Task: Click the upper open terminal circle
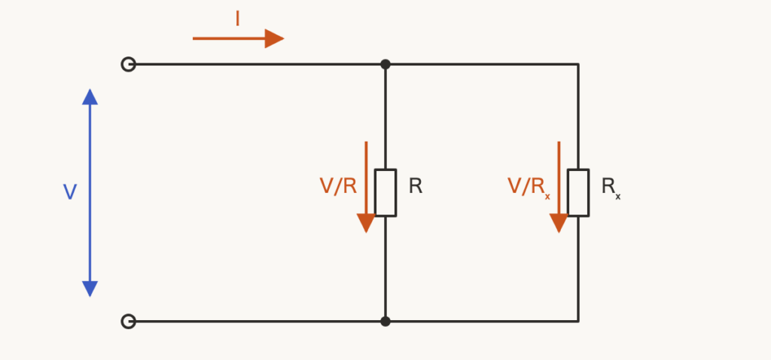pyautogui.click(x=128, y=65)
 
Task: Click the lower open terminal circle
pyautogui.click(x=128, y=322)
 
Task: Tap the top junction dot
pyautogui.click(x=385, y=65)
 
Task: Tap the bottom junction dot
pyautogui.click(x=385, y=322)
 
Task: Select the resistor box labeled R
pyautogui.click(x=385, y=193)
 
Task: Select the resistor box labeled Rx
pyautogui.click(x=578, y=193)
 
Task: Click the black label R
pyautogui.click(x=416, y=186)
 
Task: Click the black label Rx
pyautogui.click(x=611, y=188)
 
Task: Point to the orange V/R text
pyautogui.click(x=338, y=186)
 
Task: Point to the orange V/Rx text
pyautogui.click(x=529, y=188)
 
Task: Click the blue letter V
pyautogui.click(x=70, y=192)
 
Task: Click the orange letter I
pyautogui.click(x=237, y=19)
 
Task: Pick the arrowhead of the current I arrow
pyautogui.click(x=274, y=38)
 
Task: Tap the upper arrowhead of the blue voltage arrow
pyautogui.click(x=90, y=97)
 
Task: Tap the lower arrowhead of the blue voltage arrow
pyautogui.click(x=90, y=289)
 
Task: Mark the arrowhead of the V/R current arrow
pyautogui.click(x=366, y=223)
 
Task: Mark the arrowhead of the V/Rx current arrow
pyautogui.click(x=559, y=223)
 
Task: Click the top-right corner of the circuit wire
pyautogui.click(x=578, y=65)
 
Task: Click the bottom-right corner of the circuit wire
pyautogui.click(x=578, y=322)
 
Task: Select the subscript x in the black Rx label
pyautogui.click(x=617, y=197)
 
